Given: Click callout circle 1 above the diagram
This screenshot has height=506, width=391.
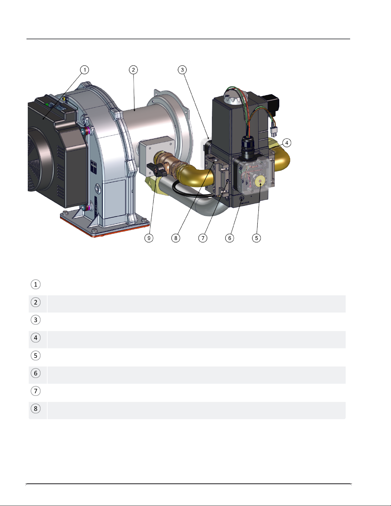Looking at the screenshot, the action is [85, 70].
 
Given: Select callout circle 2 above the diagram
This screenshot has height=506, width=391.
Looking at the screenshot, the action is [133, 70].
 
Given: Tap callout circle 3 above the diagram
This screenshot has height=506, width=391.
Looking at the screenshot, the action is [182, 70].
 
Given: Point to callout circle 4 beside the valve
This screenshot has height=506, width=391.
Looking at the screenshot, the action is [287, 143].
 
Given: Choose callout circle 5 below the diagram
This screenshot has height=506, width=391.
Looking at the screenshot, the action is [257, 238].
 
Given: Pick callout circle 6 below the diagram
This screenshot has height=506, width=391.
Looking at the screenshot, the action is [230, 238].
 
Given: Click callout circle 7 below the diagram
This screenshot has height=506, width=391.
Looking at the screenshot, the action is [203, 238].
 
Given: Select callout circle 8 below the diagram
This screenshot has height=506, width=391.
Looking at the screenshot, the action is [176, 238].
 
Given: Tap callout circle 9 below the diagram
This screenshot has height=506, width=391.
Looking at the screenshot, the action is [149, 238].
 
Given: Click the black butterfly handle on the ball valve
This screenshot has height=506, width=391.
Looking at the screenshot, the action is [157, 170].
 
